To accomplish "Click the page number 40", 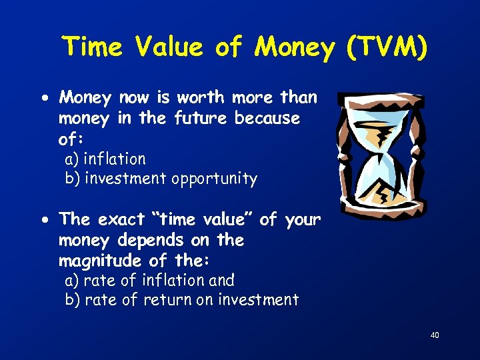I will tap(435, 335).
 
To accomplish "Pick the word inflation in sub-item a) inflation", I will tap(115, 159).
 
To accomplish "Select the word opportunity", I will tap(214, 179).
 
